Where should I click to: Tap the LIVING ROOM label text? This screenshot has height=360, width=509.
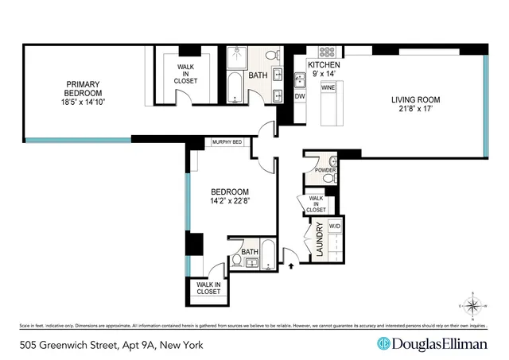[414, 100]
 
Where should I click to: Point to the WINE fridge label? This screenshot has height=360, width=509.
[326, 89]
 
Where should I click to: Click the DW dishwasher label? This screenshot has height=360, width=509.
[300, 97]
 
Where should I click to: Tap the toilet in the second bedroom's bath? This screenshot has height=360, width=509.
[238, 259]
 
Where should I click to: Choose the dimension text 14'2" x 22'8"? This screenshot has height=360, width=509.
[230, 201]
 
